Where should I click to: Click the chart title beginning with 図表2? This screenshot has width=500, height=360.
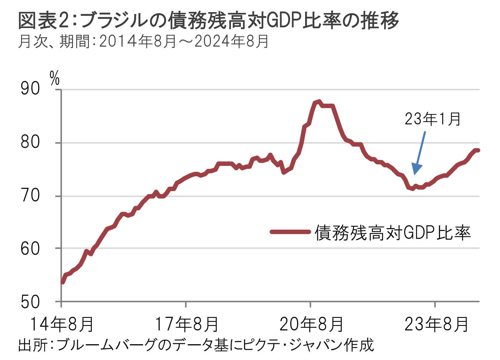(x=208, y=21)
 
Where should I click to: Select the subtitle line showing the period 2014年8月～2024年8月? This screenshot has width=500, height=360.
(x=143, y=41)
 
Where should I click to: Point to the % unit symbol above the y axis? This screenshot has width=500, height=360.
(x=55, y=78)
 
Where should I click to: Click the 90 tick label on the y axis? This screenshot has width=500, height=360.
(x=30, y=89)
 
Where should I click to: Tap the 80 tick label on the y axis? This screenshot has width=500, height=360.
(x=30, y=143)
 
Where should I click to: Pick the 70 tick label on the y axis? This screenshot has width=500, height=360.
(x=30, y=196)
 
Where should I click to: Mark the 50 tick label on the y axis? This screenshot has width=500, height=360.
(x=30, y=302)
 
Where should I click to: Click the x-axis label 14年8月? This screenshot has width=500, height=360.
(x=62, y=324)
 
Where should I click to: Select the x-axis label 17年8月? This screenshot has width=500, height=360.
(x=187, y=324)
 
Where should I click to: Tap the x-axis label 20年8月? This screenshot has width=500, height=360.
(x=311, y=324)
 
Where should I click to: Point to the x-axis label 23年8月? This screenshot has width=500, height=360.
(x=436, y=324)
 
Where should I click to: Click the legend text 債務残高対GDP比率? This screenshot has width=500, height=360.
(x=393, y=232)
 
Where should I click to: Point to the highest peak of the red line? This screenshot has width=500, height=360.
(x=319, y=102)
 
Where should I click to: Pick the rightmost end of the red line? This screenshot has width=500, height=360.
(x=478, y=150)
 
